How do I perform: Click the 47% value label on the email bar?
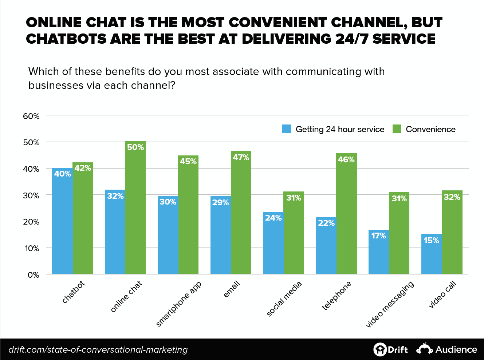point(241,157)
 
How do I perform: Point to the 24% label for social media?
point(273,218)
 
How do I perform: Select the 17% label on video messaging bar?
point(378,236)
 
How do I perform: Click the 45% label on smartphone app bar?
point(188,161)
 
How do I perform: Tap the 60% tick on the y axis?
point(31,116)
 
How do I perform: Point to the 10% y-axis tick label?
point(31,248)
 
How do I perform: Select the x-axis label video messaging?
point(390,304)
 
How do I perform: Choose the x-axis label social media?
point(284,299)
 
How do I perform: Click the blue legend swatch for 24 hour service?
point(287,129)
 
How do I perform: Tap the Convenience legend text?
point(430,129)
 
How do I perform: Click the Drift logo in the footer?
point(390,349)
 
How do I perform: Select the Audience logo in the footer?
point(447,349)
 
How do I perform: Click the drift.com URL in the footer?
point(98,350)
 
